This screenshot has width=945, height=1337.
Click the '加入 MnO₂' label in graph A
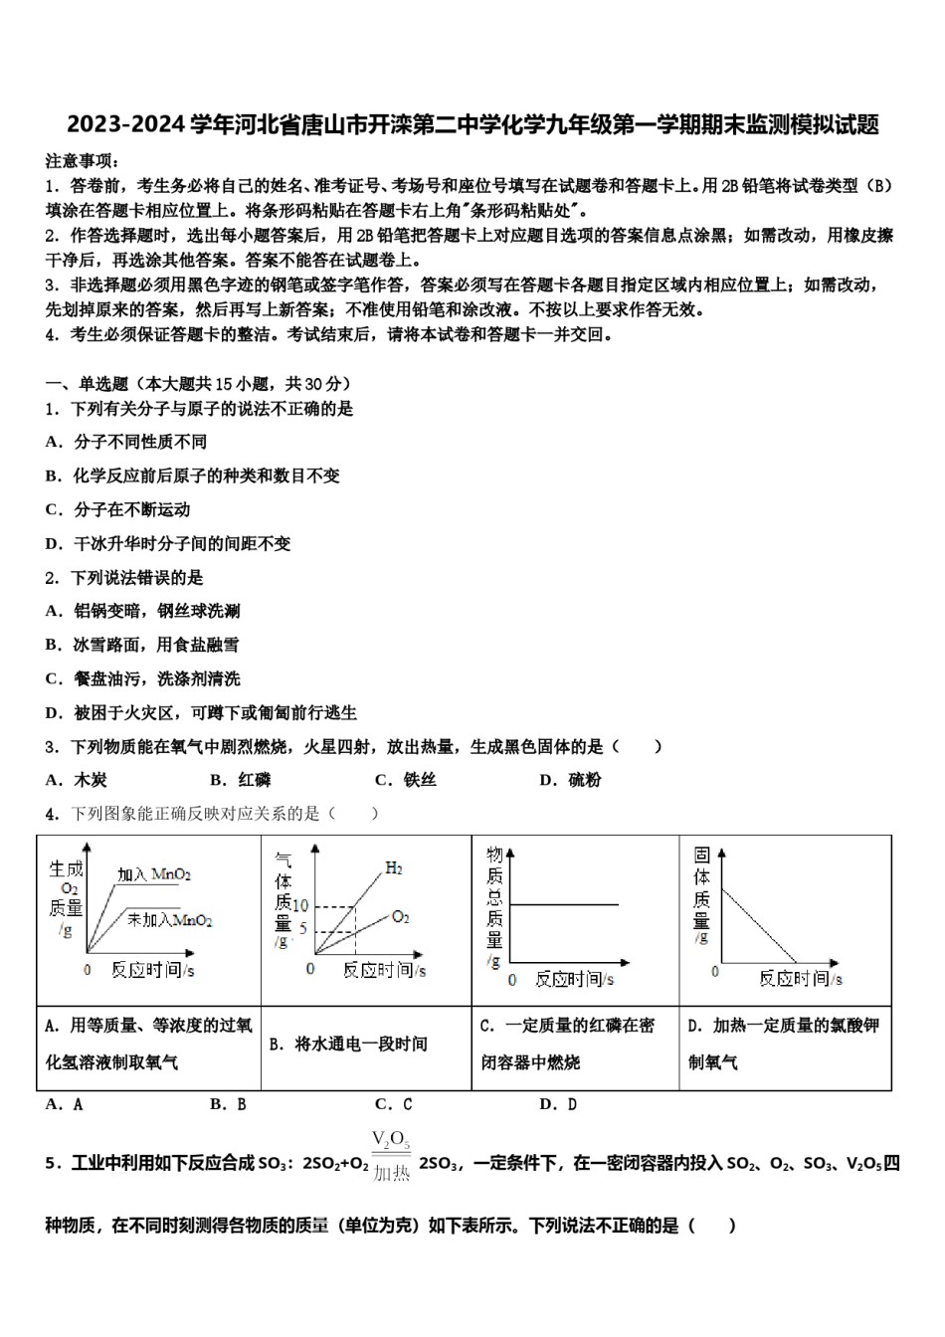click(154, 874)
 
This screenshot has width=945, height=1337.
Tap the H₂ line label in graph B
click(394, 868)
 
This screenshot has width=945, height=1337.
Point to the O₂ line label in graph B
click(400, 916)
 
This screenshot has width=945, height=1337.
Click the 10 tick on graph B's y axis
click(302, 905)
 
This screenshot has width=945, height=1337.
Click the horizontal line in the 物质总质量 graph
click(563, 904)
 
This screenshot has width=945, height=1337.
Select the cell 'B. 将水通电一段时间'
click(348, 1044)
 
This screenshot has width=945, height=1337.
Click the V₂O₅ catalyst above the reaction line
click(391, 1140)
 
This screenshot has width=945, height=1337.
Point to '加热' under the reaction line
click(391, 1174)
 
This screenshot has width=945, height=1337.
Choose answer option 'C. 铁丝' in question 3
click(406, 780)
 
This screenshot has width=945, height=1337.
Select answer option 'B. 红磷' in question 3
click(241, 780)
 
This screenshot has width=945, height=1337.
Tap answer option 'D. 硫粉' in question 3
click(570, 780)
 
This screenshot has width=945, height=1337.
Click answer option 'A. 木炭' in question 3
click(77, 780)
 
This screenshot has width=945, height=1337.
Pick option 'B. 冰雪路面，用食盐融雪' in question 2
click(142, 645)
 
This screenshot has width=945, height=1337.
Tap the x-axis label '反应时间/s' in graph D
click(801, 978)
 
